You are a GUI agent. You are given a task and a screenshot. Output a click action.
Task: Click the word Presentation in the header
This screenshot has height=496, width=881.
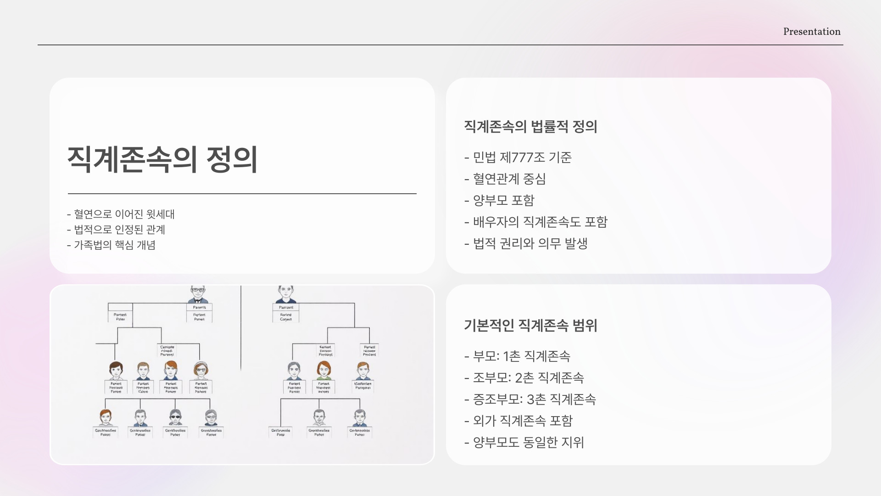click(812, 32)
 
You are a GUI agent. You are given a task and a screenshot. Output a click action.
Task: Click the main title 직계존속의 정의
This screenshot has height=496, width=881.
click(162, 159)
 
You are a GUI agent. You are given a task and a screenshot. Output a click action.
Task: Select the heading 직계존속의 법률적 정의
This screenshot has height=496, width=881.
click(530, 126)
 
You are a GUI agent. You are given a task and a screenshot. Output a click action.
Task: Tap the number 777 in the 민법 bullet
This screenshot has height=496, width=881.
click(522, 158)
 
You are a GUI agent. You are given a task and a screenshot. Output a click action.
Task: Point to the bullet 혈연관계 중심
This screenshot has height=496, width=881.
click(509, 179)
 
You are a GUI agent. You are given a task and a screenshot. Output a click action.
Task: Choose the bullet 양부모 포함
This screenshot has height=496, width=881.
click(503, 200)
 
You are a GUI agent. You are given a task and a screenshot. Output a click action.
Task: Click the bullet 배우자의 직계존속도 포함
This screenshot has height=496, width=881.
click(540, 222)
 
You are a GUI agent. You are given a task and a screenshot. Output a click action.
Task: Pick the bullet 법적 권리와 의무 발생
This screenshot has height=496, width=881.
click(530, 243)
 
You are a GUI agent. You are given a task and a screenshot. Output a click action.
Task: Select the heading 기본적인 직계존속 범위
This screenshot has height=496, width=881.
click(530, 325)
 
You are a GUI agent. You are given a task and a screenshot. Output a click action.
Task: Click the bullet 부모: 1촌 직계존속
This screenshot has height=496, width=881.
click(521, 356)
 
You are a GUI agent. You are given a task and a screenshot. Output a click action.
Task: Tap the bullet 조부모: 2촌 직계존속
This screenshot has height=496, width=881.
click(528, 378)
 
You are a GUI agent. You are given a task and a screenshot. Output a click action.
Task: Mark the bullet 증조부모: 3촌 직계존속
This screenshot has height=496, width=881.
click(534, 399)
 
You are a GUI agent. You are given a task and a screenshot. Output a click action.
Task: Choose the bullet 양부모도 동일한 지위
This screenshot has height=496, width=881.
click(528, 442)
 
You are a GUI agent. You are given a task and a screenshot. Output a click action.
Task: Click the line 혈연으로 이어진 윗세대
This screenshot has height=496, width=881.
click(124, 214)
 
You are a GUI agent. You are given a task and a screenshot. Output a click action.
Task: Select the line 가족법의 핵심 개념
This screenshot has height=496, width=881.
click(115, 245)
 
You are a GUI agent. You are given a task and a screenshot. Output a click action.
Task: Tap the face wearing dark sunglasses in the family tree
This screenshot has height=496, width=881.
click(175, 417)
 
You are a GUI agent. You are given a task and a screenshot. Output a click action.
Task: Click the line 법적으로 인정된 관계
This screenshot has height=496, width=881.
click(119, 230)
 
